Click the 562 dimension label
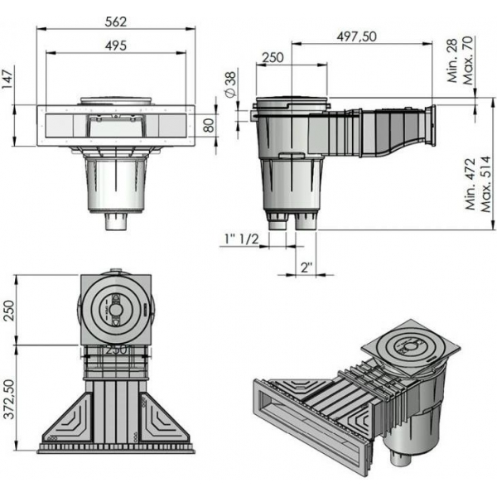[x=116, y=22]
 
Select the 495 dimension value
[x=116, y=46]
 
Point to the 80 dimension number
[x=210, y=125]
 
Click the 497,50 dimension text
[x=356, y=36]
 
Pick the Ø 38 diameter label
[x=231, y=85]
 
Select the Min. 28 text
[x=452, y=60]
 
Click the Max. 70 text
[x=468, y=60]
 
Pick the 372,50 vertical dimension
[x=9, y=399]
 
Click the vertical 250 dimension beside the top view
[x=9, y=311]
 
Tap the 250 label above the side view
[x=273, y=57]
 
